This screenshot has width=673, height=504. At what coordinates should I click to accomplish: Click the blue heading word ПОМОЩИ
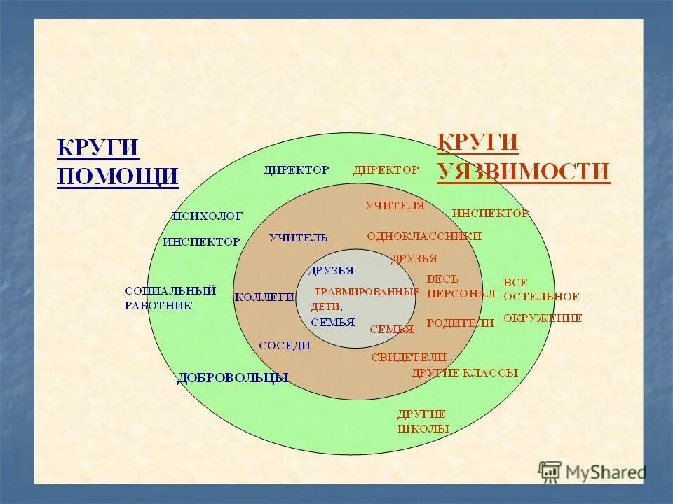pyautogui.click(x=118, y=176)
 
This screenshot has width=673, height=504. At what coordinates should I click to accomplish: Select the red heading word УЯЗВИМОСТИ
pyautogui.click(x=523, y=171)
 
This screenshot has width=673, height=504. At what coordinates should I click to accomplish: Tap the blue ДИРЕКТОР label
pyautogui.click(x=296, y=169)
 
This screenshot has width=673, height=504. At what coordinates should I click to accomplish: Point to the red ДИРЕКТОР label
pyautogui.click(x=386, y=169)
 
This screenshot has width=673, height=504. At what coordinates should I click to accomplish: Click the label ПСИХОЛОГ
pyautogui.click(x=207, y=216)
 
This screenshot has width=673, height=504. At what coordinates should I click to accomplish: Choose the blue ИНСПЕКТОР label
pyautogui.click(x=201, y=241)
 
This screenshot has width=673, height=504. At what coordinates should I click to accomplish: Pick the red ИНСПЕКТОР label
pyautogui.click(x=490, y=213)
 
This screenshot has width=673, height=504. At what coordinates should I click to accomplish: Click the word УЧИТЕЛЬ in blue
pyautogui.click(x=298, y=237)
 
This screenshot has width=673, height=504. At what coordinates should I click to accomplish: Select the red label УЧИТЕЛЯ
pyautogui.click(x=395, y=205)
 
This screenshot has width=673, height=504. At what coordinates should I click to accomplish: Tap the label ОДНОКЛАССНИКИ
pyautogui.click(x=423, y=236)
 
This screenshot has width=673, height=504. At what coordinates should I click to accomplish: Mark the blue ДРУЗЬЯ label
pyautogui.click(x=330, y=270)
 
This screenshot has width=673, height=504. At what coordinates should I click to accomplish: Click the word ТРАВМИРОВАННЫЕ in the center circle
pyautogui.click(x=366, y=291)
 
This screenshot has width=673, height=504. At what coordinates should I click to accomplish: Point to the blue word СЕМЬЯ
pyautogui.click(x=332, y=323)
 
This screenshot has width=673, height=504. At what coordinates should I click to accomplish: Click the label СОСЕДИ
pyautogui.click(x=284, y=345)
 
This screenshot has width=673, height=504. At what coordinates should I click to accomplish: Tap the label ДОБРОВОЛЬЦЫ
pyautogui.click(x=233, y=378)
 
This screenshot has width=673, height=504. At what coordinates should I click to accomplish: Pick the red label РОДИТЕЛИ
pyautogui.click(x=461, y=323)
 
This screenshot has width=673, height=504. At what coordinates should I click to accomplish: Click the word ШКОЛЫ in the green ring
pyautogui.click(x=423, y=428)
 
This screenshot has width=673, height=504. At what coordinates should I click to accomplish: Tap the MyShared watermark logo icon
pyautogui.click(x=550, y=471)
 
